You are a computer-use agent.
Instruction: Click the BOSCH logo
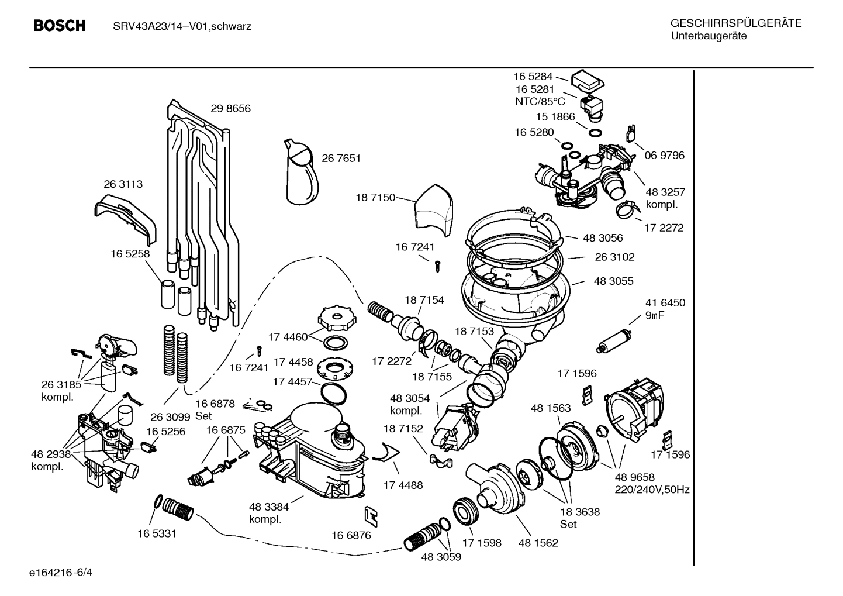point(60,26)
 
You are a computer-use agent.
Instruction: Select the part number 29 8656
point(230,108)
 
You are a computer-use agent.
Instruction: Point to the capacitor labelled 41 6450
point(613,341)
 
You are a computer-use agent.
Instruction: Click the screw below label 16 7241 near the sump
point(437,266)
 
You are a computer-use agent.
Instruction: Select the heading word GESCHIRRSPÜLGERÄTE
point(735,24)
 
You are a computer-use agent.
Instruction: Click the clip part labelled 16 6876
point(371,515)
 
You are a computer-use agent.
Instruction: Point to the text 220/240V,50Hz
point(652,490)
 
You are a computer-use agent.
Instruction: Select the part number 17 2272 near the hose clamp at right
point(664,228)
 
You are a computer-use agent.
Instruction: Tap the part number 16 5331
point(157,533)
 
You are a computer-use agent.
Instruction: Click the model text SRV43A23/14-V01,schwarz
point(182,26)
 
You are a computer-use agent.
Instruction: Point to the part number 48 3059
point(441,557)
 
